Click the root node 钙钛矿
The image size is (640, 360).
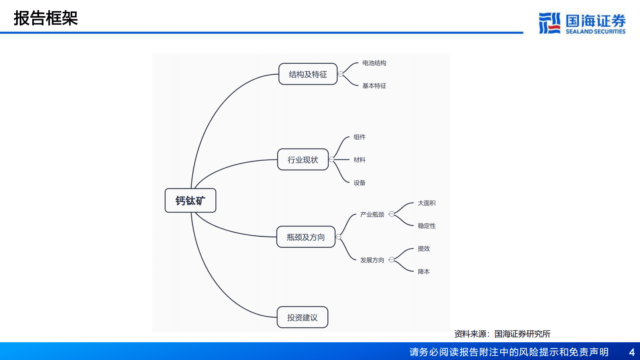[190, 201]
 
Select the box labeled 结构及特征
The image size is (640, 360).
[308, 74]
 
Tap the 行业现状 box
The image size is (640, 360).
[303, 160]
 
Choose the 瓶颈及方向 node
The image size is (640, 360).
[306, 237]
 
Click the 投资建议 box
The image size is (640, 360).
[302, 318]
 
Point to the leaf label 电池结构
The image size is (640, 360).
[374, 63]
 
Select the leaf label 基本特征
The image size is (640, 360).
[374, 86]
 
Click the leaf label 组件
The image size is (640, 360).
[359, 137]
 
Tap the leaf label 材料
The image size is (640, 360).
[359, 160]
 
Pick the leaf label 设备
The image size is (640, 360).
[359, 183]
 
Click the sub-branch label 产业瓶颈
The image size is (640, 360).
[372, 214]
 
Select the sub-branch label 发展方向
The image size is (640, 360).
[372, 260]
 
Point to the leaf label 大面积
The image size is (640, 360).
[427, 203]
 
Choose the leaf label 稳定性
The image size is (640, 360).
[427, 226]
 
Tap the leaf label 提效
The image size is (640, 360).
[423, 249]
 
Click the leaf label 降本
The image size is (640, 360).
[423, 272]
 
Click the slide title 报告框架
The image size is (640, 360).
[46, 18]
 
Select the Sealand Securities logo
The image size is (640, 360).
[582, 23]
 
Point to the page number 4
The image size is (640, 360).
[632, 352]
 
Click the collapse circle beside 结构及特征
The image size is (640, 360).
[341, 74]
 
